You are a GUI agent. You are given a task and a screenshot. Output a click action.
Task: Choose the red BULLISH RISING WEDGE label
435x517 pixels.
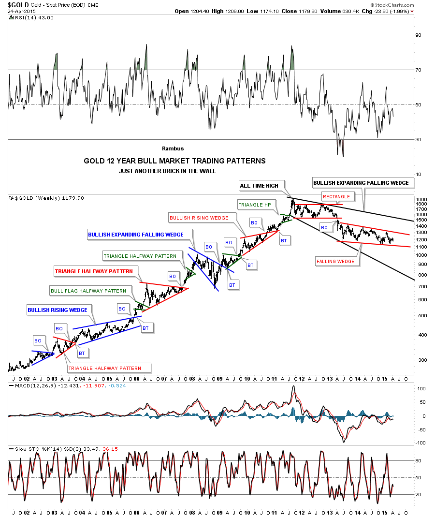[x=199, y=218]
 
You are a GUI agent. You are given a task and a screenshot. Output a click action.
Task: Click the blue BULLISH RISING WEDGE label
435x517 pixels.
[x=58, y=310]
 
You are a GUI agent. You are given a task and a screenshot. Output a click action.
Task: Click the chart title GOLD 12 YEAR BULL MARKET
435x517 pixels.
[x=174, y=161]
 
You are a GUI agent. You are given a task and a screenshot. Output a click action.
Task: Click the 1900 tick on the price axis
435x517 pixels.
[x=421, y=199]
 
